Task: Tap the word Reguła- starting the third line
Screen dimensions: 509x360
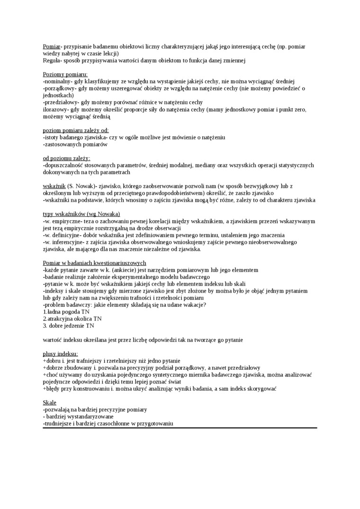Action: click(x=52, y=61)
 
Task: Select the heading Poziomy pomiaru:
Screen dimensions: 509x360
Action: click(x=65, y=74)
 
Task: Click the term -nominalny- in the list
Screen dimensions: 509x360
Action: click(x=58, y=81)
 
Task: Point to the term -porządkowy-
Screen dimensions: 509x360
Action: click(x=60, y=88)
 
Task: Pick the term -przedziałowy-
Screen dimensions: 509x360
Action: click(x=61, y=102)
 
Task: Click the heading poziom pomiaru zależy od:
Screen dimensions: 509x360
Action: click(x=75, y=130)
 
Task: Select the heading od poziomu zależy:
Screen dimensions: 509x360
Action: click(x=66, y=158)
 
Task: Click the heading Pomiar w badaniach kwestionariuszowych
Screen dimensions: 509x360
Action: click(x=94, y=263)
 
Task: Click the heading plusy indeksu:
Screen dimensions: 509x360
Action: click(x=60, y=354)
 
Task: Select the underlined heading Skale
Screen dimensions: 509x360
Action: click(x=49, y=402)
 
